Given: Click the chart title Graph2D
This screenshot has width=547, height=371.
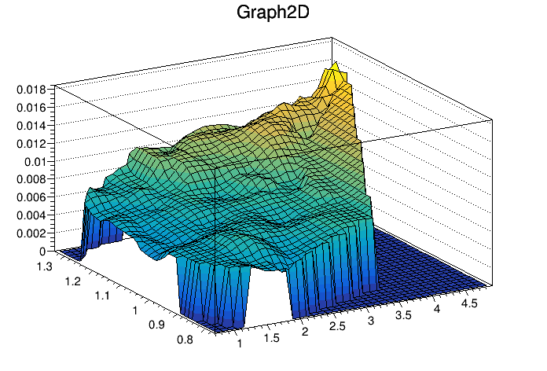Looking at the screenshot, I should pos(273,14).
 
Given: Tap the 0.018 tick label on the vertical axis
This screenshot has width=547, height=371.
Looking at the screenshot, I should pos(31,90).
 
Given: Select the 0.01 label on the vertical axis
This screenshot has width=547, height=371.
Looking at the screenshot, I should pos(37,161).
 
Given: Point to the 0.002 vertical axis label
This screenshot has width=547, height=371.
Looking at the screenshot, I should pos(31,233).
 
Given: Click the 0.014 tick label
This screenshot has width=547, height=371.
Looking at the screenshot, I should pos(31,126).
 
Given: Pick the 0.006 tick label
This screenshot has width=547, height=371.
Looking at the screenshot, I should pos(31,197).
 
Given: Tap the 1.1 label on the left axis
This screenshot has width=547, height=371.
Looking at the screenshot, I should pos(102,296).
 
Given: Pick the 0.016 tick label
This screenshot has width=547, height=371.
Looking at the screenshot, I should pos(31,108).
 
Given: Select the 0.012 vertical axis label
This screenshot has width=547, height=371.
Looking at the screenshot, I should pos(31,144).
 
